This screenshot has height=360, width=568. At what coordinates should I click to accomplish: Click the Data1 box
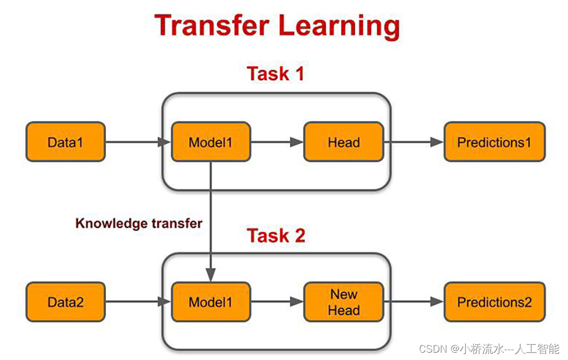(65, 142)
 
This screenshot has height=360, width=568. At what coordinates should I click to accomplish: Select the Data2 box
(65, 302)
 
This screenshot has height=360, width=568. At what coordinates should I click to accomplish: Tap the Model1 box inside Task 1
(210, 142)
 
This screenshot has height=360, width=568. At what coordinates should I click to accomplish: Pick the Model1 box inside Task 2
(210, 302)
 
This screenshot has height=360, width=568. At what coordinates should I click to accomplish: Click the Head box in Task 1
(343, 142)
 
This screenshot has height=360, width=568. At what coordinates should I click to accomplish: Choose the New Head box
(343, 302)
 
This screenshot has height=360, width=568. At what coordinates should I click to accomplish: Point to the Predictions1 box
(494, 142)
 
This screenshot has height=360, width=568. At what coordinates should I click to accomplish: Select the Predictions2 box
(494, 302)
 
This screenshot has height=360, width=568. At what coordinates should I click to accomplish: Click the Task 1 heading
(276, 74)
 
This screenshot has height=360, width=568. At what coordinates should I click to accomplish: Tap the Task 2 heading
(276, 236)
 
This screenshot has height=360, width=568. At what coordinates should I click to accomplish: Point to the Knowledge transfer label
(138, 223)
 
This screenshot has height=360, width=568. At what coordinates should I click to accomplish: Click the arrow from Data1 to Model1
(138, 142)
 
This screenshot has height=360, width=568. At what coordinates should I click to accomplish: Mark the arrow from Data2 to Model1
(138, 303)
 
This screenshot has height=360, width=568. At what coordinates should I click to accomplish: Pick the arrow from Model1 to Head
(277, 142)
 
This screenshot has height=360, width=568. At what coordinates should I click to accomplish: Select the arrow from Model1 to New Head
(277, 303)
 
